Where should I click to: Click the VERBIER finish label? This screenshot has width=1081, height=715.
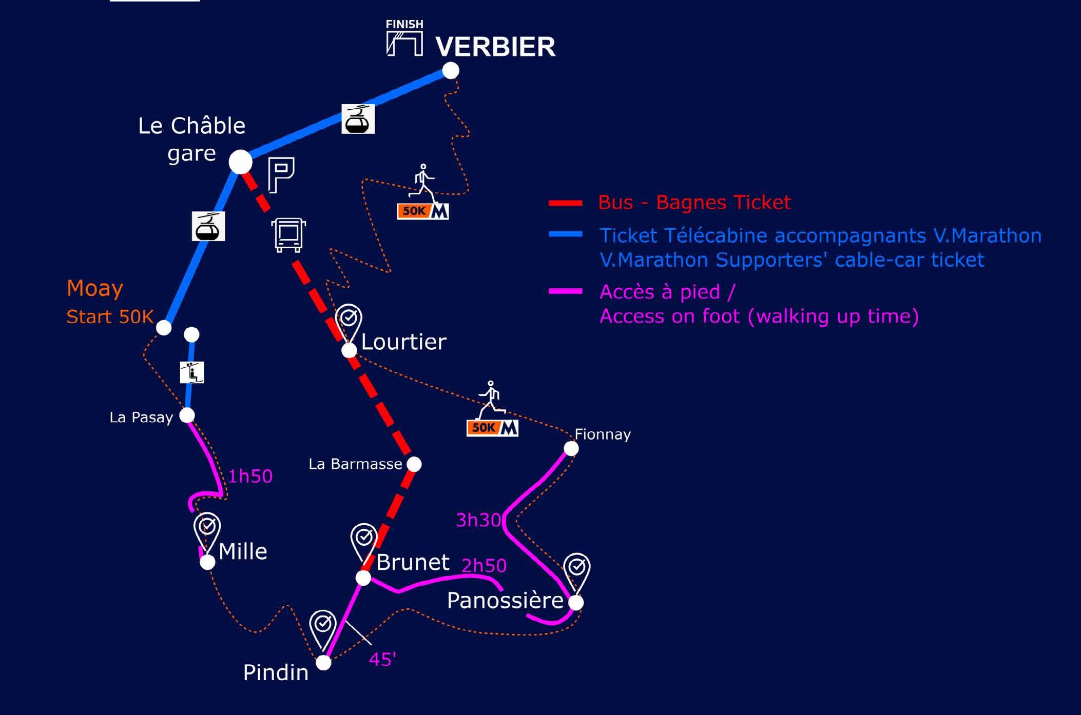(x=495, y=47)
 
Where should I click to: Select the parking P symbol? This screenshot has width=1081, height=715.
(x=281, y=174)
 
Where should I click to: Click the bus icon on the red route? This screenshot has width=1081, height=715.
(x=288, y=235)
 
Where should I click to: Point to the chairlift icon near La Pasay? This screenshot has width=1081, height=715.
(x=192, y=372)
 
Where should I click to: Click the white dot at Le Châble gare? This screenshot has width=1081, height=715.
(x=240, y=162)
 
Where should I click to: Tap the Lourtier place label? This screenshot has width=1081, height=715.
(x=403, y=342)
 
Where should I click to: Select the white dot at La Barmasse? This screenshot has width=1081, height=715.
(x=414, y=464)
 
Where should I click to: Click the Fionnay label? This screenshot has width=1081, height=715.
(x=602, y=434)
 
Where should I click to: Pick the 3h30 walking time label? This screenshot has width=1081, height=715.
(x=478, y=520)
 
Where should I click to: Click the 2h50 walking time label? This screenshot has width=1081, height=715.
(x=484, y=565)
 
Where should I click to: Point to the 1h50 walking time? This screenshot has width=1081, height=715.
(x=250, y=476)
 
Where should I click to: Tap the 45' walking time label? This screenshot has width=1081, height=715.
(x=382, y=659)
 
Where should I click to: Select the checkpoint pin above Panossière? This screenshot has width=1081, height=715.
(x=576, y=568)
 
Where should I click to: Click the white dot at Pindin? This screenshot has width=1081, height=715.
(x=323, y=663)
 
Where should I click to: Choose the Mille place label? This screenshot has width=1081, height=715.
(x=243, y=552)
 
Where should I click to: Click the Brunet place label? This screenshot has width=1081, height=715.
(x=413, y=563)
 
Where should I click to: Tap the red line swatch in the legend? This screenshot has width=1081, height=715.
(x=565, y=203)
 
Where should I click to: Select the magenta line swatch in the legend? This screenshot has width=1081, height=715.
(x=565, y=291)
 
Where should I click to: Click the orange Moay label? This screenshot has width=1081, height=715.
(x=95, y=288)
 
